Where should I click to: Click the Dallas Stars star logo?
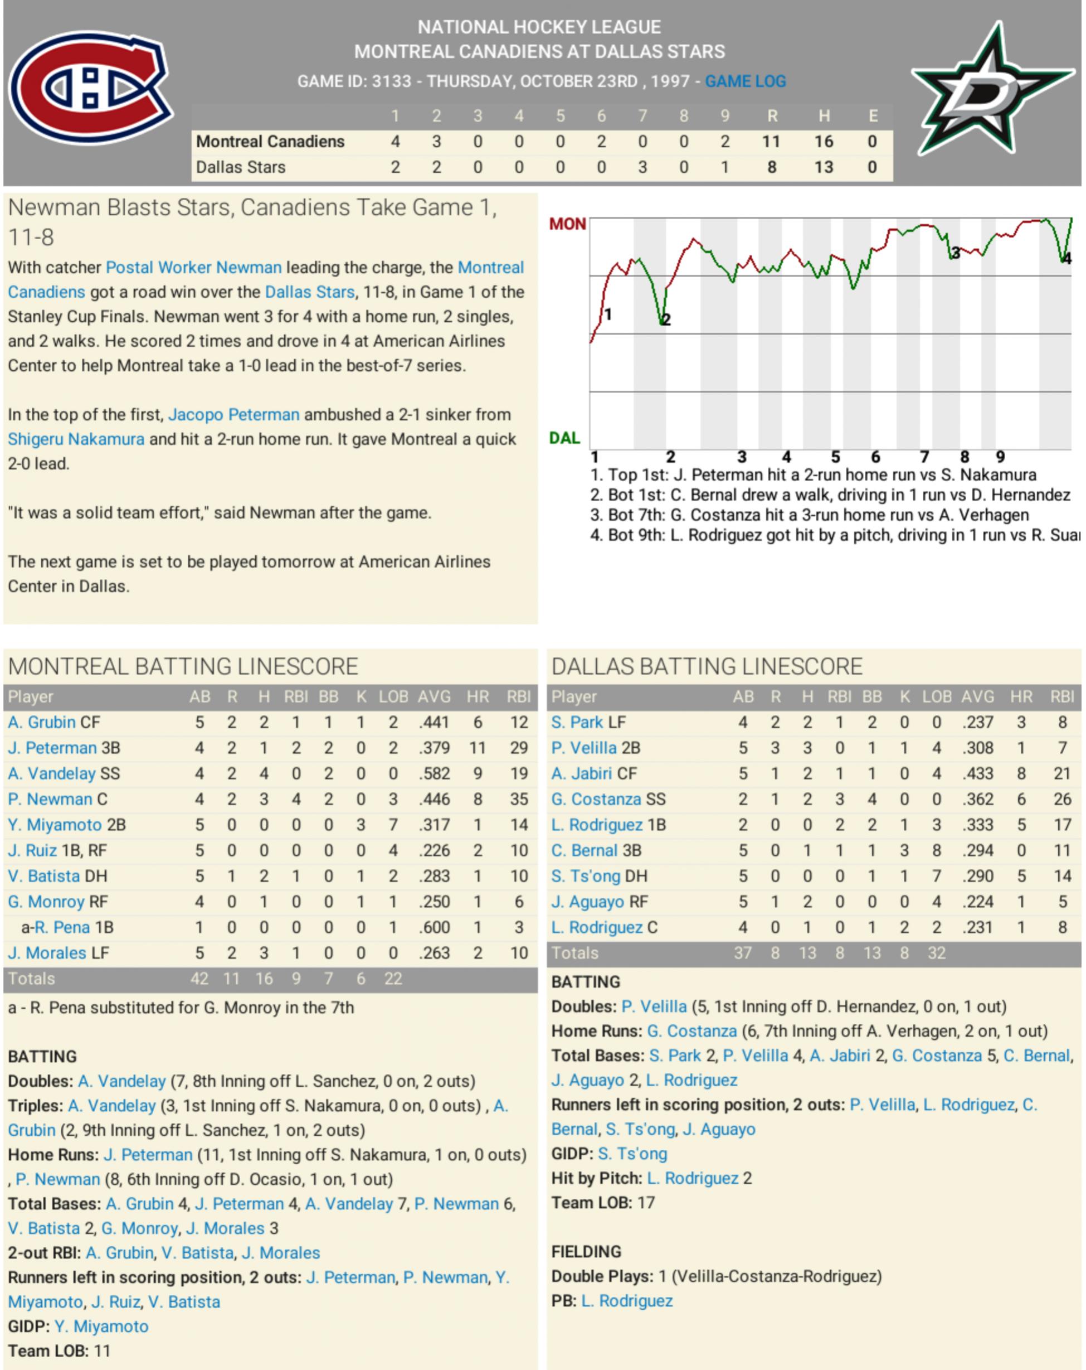991,90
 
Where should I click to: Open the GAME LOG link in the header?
745,81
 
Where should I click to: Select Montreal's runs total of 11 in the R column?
771,142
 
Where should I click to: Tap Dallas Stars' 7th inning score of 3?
642,167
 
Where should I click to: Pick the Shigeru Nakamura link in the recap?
76,439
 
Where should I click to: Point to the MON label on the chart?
567,224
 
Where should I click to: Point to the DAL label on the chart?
564,438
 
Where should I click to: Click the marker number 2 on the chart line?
665,319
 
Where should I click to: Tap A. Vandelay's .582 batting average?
434,773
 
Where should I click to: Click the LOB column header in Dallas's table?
937,696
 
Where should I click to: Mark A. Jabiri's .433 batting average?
977,773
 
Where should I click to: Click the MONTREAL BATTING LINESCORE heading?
183,666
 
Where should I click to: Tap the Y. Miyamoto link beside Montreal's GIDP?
101,1326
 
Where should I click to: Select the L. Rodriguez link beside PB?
626,1301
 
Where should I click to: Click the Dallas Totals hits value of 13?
807,953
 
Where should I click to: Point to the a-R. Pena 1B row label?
67,927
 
